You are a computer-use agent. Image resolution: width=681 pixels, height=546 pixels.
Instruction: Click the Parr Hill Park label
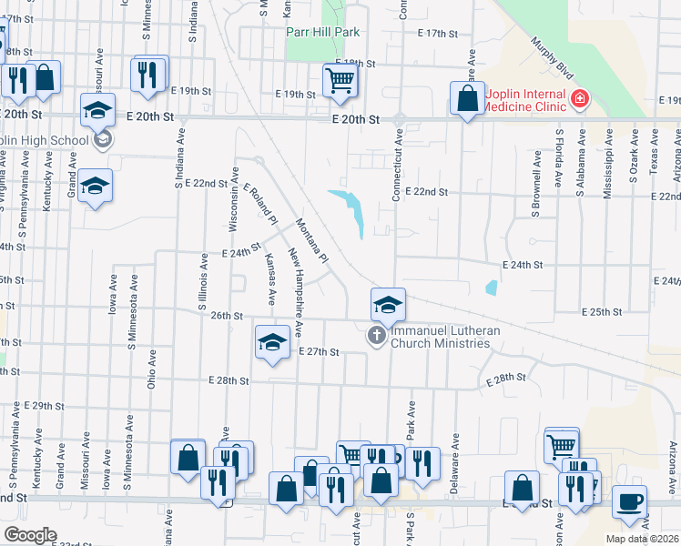tap(322, 32)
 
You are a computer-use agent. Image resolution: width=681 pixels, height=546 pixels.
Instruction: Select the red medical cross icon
tap(579, 98)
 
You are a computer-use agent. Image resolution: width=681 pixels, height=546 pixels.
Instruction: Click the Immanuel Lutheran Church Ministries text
tap(441, 338)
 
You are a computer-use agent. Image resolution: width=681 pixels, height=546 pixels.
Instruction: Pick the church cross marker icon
tap(375, 337)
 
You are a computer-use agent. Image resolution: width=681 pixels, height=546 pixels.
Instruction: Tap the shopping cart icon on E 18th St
tap(340, 80)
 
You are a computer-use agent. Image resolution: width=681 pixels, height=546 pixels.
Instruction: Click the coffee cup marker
tap(629, 502)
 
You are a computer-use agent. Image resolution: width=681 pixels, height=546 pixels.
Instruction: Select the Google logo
tap(30, 535)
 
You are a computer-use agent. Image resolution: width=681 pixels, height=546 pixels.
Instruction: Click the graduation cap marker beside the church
tap(388, 305)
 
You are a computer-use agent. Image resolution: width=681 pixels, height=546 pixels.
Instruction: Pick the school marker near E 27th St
tap(271, 342)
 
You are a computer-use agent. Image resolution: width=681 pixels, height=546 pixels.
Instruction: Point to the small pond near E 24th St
tap(492, 288)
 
